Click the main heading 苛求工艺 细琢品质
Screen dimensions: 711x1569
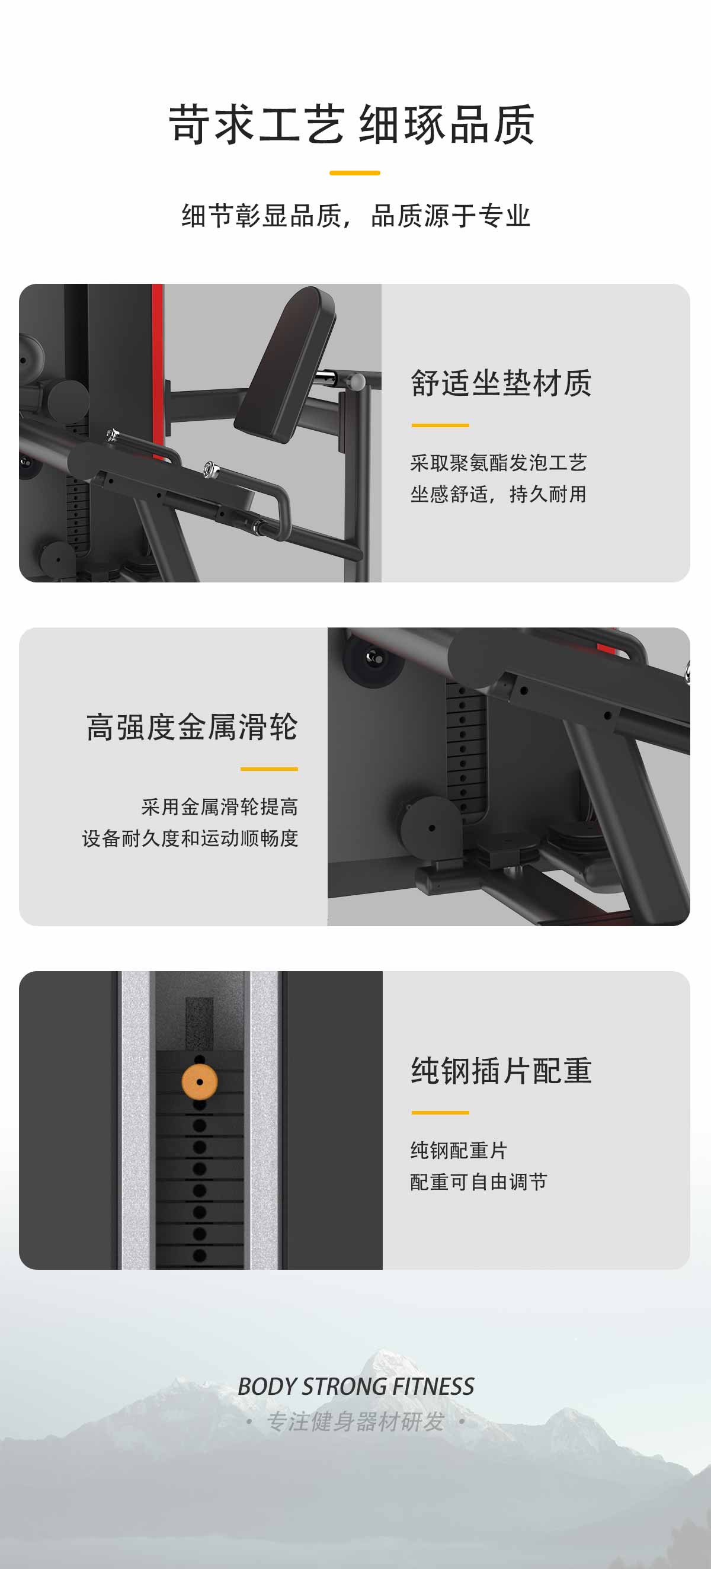coord(352,124)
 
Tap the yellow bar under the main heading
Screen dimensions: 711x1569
coord(354,173)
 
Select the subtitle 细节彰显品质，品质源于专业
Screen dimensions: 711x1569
coord(356,216)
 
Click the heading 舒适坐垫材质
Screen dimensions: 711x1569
coord(501,383)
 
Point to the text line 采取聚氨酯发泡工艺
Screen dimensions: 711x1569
coord(498,463)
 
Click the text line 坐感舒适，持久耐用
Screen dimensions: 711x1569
coord(498,494)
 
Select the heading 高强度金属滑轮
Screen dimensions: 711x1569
coord(192,726)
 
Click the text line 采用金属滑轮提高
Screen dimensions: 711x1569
coord(220,807)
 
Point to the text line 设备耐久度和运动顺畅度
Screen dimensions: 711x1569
coord(190,838)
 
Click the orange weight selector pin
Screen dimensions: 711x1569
coord(199,1082)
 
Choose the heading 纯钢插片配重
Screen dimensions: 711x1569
coord(501,1071)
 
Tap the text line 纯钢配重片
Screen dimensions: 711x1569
coord(459,1151)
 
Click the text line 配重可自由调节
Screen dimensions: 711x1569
coord(479,1181)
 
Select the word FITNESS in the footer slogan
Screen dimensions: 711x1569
coord(433,1387)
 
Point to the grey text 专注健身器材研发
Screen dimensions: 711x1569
coord(355,1421)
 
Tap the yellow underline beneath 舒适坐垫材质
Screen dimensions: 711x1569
coord(440,425)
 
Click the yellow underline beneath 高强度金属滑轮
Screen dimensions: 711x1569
coord(268,769)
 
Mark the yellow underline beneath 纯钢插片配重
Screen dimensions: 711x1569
coord(440,1112)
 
